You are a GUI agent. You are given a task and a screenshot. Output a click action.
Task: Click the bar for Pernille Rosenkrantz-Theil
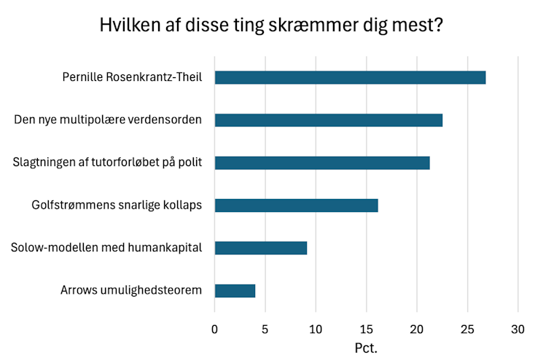click(x=350, y=78)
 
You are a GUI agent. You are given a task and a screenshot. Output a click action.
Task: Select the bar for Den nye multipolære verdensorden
click(x=328, y=120)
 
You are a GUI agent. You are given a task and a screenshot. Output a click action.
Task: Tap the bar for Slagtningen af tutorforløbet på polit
click(x=322, y=163)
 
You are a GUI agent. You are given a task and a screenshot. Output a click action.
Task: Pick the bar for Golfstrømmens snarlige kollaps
click(x=296, y=206)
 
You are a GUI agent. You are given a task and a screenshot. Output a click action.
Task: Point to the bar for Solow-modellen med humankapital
click(x=260, y=248)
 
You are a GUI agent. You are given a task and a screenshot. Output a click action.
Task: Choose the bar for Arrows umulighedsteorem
click(x=235, y=291)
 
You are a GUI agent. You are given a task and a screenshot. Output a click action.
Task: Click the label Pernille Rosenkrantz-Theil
click(x=132, y=78)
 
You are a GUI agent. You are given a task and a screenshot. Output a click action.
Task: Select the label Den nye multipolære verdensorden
click(x=108, y=120)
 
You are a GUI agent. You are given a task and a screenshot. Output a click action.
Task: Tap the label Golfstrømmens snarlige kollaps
click(x=117, y=206)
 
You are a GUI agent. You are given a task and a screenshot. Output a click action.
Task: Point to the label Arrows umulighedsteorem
click(x=131, y=291)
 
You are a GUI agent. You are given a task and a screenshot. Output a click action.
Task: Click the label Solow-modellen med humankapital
click(x=106, y=248)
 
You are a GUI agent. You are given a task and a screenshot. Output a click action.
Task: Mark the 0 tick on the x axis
click(x=214, y=329)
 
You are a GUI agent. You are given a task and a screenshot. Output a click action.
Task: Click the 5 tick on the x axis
click(x=265, y=329)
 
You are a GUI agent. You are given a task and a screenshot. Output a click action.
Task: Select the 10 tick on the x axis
click(x=316, y=329)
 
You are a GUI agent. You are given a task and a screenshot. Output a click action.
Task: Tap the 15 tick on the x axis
click(x=366, y=329)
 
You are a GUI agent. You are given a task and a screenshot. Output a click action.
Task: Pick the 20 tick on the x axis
click(x=417, y=329)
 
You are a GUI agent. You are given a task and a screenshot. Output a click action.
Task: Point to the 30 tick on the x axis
click(x=518, y=329)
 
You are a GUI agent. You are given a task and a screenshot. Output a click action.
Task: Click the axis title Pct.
click(x=366, y=347)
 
